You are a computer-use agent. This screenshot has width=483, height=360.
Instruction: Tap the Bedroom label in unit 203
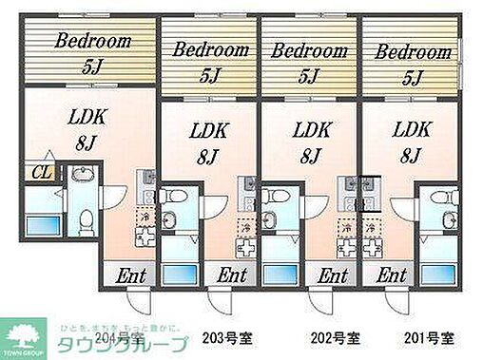208,50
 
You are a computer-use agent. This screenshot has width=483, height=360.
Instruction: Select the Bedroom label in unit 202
307,50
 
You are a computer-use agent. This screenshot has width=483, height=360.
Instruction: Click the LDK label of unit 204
87,118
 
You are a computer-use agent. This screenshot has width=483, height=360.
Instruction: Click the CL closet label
41,172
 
